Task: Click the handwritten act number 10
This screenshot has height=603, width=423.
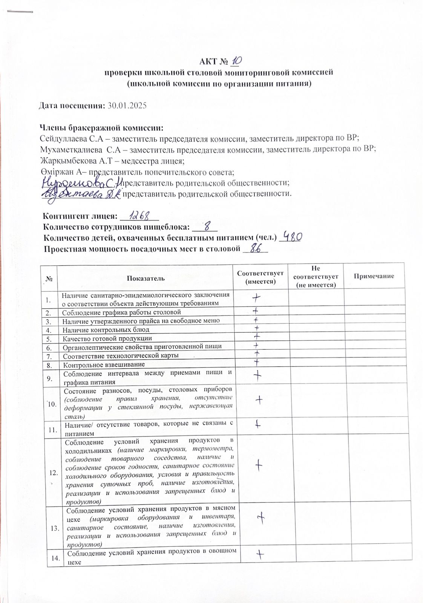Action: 237,60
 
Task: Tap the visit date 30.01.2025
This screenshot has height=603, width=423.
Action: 127,106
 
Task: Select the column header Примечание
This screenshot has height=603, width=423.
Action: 374,276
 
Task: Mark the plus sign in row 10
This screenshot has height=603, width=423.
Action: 259,400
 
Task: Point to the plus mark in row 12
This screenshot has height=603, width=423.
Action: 259,466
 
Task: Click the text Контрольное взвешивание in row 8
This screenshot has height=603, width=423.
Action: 104,364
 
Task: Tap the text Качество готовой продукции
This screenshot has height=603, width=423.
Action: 107,338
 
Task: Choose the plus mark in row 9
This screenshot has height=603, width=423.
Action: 258,375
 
